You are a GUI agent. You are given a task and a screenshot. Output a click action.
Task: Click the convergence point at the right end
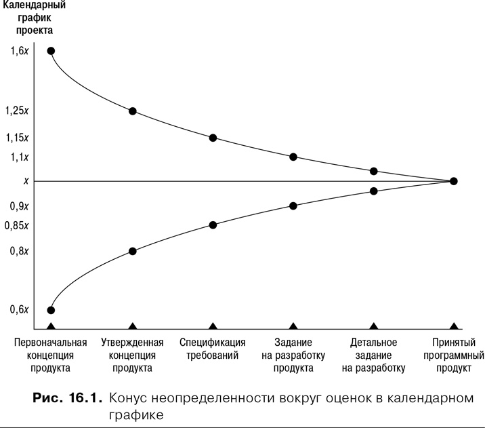(453, 181)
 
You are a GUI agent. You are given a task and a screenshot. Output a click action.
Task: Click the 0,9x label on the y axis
(20, 206)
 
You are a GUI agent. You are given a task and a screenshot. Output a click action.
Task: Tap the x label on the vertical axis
(26, 181)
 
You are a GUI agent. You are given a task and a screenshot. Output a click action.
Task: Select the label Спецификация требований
(213, 349)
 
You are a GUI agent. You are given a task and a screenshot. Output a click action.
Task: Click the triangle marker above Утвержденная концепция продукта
(133, 327)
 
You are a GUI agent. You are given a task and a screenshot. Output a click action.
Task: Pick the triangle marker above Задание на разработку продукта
(293, 327)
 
